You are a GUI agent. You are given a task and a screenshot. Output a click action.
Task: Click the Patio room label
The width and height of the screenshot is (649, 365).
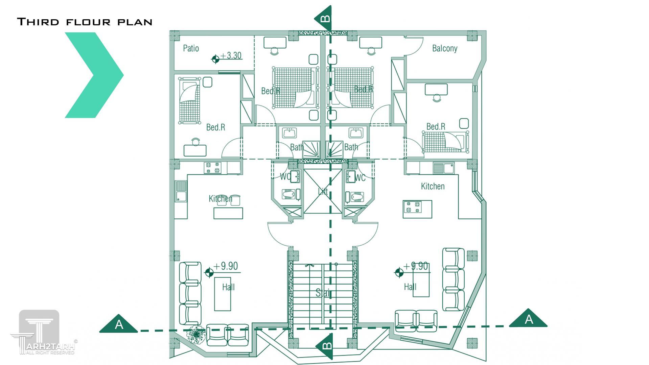(191, 48)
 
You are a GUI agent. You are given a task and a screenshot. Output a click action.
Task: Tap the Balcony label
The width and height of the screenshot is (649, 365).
(444, 48)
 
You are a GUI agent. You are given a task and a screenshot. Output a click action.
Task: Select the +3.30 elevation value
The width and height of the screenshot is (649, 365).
(231, 55)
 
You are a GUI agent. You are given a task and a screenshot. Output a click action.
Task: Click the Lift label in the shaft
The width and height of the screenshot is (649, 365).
(323, 192)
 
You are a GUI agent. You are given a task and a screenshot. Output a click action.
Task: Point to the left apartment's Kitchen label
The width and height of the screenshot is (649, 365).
(220, 199)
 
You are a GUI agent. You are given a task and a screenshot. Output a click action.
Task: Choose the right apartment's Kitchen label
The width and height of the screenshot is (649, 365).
(433, 186)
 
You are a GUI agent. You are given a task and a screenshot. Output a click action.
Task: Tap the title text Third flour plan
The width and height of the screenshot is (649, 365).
(85, 22)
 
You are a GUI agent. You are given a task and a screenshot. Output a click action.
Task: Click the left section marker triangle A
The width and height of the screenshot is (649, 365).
(118, 325)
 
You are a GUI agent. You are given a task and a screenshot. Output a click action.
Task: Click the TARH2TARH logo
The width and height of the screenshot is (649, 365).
(42, 333)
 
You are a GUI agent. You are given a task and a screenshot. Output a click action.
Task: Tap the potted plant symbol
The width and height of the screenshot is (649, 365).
(196, 334)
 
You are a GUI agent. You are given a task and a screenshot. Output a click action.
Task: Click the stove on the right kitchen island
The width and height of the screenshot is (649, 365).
(413, 207)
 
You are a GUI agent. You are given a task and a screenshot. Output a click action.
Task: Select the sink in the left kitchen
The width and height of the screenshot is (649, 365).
(180, 192)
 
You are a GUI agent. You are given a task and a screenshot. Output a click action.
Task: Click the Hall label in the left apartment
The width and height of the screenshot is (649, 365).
(228, 287)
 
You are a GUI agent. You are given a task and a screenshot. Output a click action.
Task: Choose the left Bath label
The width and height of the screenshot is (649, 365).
(297, 147)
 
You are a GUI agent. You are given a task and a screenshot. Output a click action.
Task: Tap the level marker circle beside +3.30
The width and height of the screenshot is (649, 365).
(215, 59)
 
